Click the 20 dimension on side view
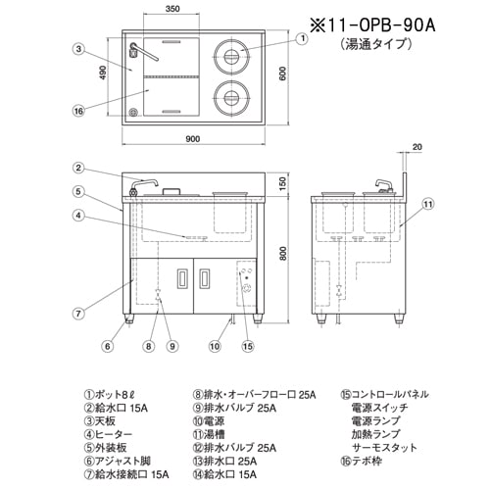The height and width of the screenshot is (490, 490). click(x=417, y=148)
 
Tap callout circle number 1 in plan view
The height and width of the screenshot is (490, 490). click(x=302, y=39)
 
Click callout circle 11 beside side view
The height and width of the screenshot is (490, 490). click(x=427, y=204)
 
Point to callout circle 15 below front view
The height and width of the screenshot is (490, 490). click(x=249, y=345)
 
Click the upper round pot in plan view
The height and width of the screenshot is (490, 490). click(x=231, y=56)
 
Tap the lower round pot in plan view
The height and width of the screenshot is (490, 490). click(x=231, y=98)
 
